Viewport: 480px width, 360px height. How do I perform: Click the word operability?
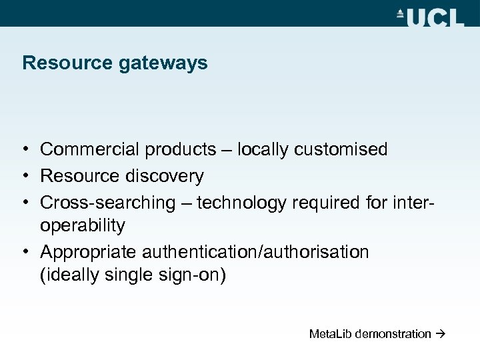coord(83,227)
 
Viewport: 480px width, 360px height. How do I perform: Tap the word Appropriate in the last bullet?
coord(91,252)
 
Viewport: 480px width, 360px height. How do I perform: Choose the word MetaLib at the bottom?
coord(330,333)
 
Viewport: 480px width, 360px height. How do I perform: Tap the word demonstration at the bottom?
coord(393,333)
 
